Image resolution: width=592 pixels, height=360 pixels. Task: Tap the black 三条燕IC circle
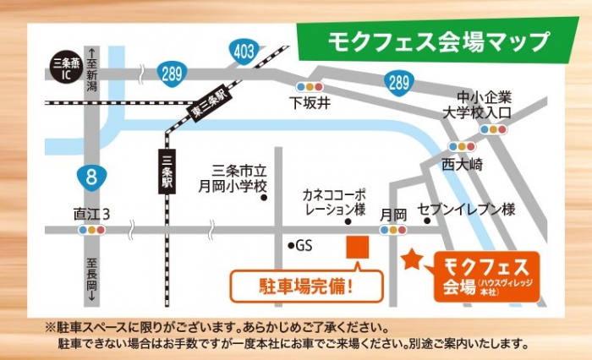66,68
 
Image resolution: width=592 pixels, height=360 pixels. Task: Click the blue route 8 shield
90,177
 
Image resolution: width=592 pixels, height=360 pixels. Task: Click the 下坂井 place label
309,103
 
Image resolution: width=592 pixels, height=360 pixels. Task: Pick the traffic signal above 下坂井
309,86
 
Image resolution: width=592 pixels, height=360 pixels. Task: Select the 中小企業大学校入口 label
491,103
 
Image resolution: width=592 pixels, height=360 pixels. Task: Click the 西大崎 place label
461,164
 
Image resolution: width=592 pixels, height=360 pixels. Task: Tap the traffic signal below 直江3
91,229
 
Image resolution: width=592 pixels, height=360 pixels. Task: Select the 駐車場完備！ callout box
307,286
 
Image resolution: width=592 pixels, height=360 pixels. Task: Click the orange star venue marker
412,259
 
